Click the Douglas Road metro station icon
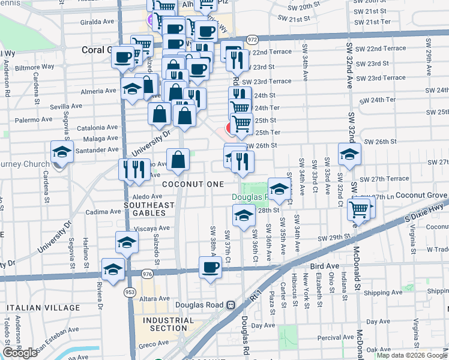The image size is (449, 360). pyautogui.click(x=230, y=305)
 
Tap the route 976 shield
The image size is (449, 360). pyautogui.click(x=147, y=274)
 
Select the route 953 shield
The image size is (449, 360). pyautogui.click(x=130, y=290)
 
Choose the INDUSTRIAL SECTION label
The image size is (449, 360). pyautogui.click(x=169, y=324)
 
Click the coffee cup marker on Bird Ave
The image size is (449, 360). pyautogui.click(x=210, y=267)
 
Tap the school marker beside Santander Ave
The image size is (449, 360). pyautogui.click(x=62, y=152)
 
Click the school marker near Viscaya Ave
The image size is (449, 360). pyautogui.click(x=127, y=242)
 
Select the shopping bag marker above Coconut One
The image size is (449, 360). pyautogui.click(x=178, y=160)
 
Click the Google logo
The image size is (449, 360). pyautogui.click(x=20, y=353)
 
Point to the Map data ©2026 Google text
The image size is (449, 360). pyautogui.click(x=412, y=355)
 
